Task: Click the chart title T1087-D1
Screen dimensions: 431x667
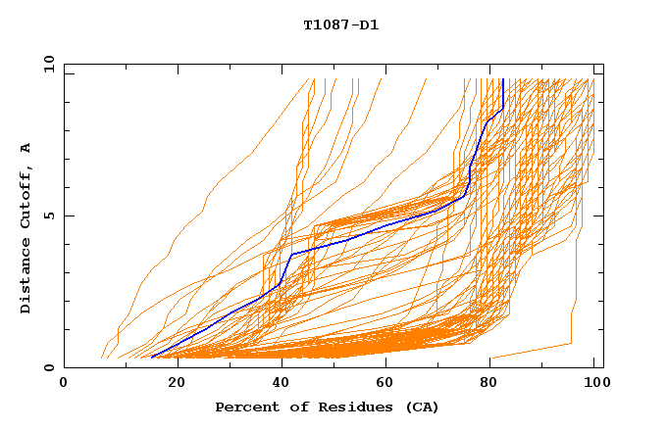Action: click(340, 24)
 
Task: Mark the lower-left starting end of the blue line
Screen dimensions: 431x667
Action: click(152, 358)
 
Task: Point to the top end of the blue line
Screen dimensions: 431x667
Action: click(502, 80)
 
